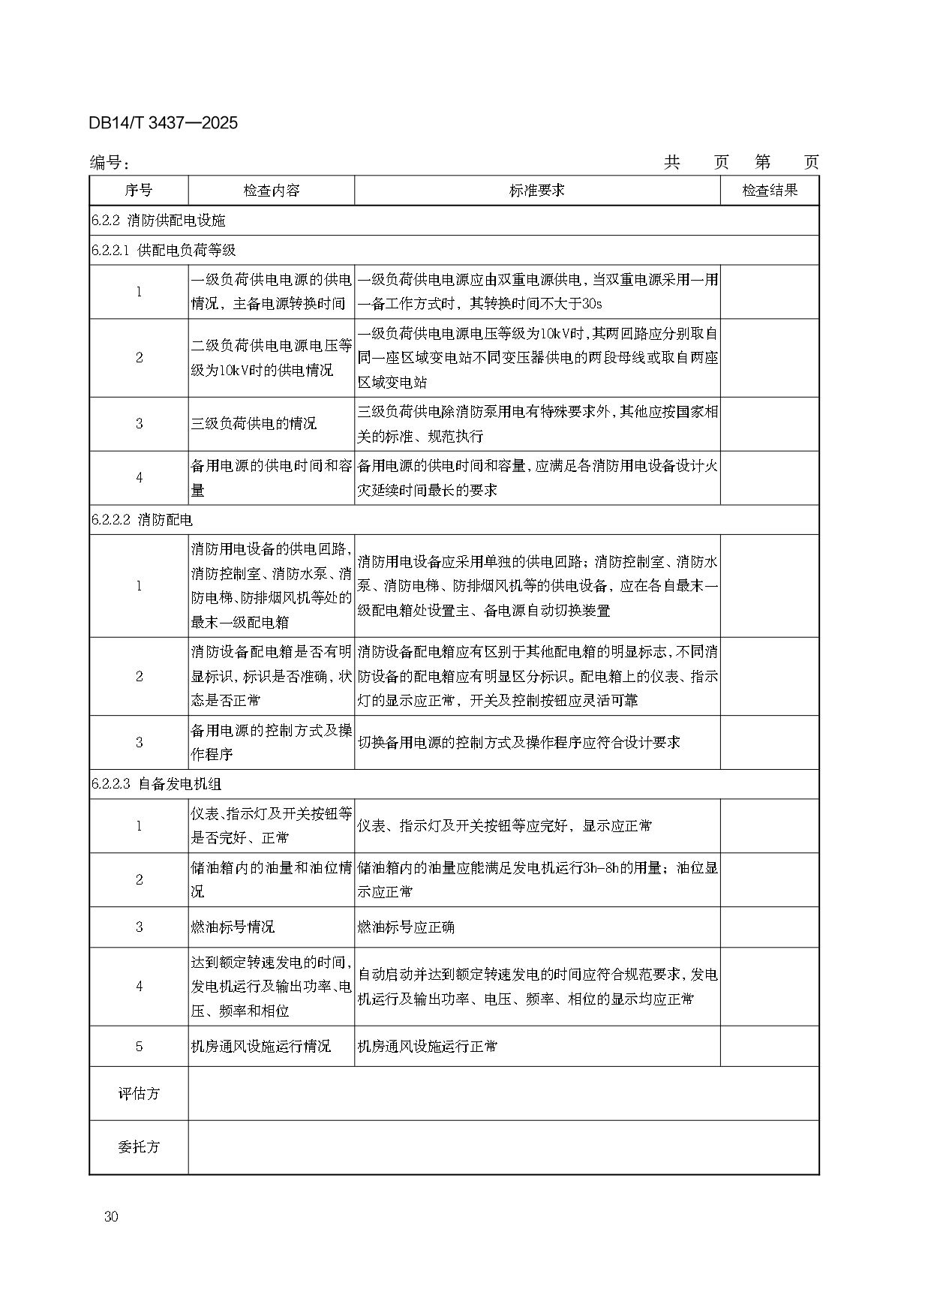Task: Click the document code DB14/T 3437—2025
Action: (x=163, y=123)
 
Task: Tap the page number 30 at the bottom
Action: (x=112, y=1216)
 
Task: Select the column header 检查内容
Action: (x=271, y=191)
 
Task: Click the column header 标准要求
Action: (x=536, y=191)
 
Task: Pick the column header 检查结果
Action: (x=769, y=191)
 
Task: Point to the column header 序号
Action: (x=139, y=191)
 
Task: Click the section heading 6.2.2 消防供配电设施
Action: (x=158, y=221)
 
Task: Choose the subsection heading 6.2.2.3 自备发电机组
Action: (x=156, y=784)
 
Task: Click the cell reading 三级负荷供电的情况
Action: (x=254, y=424)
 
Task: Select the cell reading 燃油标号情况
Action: (x=233, y=927)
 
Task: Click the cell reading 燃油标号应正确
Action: (x=406, y=927)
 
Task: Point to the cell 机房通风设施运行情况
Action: (x=260, y=1046)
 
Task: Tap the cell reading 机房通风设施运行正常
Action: (x=427, y=1046)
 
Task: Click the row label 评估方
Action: (x=139, y=1093)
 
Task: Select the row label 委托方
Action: (x=139, y=1147)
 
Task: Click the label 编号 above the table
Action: (x=110, y=163)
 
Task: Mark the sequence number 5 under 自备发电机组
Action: (x=139, y=1046)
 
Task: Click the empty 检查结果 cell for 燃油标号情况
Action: (x=769, y=927)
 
